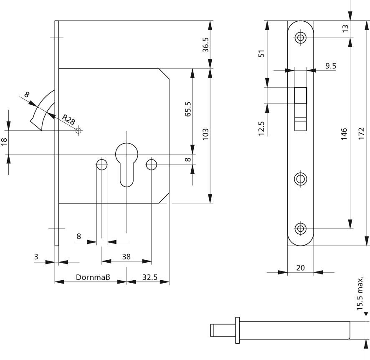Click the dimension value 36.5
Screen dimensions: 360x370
coord(205,44)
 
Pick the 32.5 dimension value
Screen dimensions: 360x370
coord(149,276)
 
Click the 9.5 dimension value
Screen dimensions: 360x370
coord(331,65)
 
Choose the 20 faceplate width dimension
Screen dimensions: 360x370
coord(300,268)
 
